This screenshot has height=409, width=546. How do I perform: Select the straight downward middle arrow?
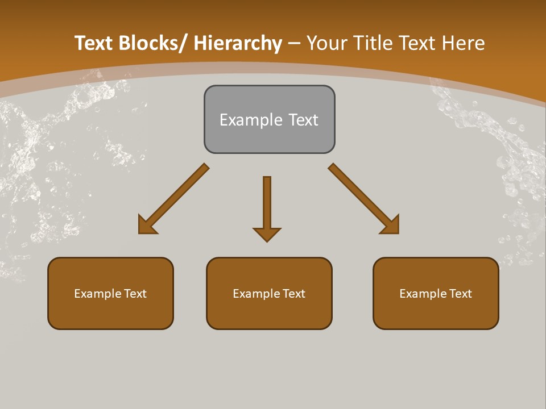(x=267, y=204)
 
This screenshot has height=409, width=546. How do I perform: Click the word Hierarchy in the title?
(x=238, y=43)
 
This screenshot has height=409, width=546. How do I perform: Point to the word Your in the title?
(x=326, y=43)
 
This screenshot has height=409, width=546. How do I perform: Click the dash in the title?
(x=294, y=43)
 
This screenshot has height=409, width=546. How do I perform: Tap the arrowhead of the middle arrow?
(x=267, y=234)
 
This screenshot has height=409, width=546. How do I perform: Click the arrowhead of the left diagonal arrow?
(x=146, y=226)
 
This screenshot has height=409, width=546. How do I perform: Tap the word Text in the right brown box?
(x=461, y=294)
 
